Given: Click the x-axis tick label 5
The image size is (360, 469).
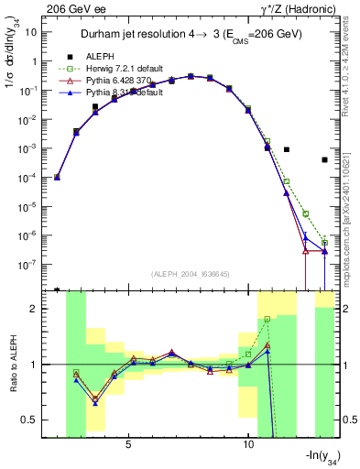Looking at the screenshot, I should [x=128, y=444].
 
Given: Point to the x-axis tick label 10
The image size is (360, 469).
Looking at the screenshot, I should [x=248, y=444].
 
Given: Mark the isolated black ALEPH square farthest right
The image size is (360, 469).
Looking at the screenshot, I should [x=324, y=159].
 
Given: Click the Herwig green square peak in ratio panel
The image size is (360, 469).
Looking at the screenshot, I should [x=267, y=319].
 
